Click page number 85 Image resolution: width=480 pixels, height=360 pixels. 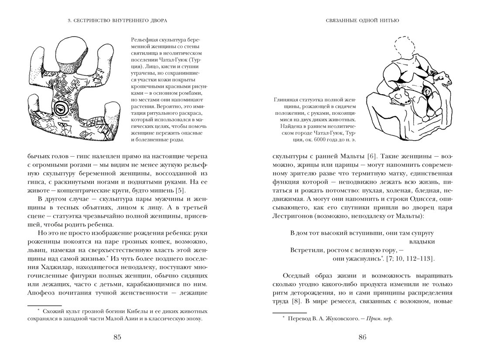click(x=117, y=336)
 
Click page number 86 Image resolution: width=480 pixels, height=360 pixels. click(x=362, y=336)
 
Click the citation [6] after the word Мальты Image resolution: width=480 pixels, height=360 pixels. click(x=374, y=156)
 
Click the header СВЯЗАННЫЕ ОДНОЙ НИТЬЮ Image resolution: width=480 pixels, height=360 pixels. click(x=363, y=20)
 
